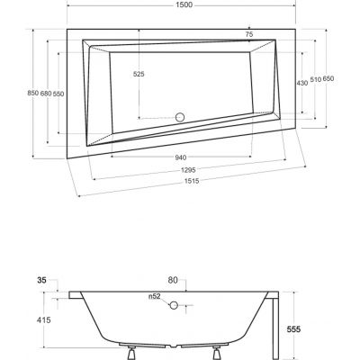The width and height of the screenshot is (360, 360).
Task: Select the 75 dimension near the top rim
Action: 249,34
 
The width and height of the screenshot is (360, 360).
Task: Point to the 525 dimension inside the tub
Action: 138,74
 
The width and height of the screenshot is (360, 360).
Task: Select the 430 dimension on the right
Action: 301,82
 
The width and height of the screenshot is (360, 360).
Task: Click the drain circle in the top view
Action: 178,116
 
